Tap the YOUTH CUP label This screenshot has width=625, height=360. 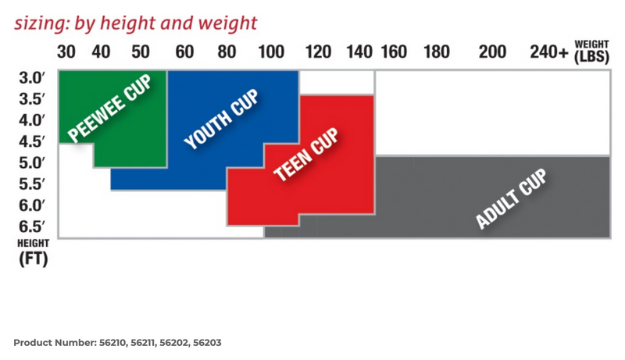(x=221, y=119)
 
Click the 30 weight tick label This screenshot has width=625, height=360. (x=66, y=52)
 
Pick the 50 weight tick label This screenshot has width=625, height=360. (x=141, y=52)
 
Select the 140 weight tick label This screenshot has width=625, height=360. (x=359, y=52)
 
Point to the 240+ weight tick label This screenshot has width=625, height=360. (x=548, y=52)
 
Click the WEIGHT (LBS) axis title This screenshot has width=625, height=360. (x=592, y=51)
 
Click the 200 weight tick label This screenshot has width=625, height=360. (x=492, y=52)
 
